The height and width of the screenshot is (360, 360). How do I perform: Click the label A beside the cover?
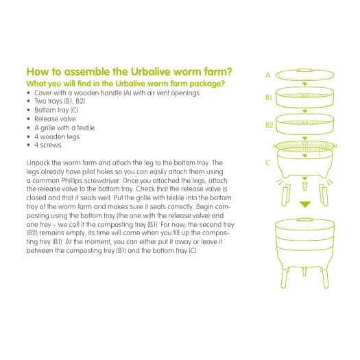click(267, 75)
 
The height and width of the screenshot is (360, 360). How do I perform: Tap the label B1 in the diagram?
click(269, 98)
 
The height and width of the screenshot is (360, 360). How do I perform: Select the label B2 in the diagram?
click(269, 125)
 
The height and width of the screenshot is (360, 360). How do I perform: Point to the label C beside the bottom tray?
click(267, 163)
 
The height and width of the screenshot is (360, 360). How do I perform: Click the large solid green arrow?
click(305, 204)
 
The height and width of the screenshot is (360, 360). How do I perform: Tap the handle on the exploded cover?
click(304, 70)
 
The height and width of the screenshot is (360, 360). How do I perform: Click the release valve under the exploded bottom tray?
click(304, 186)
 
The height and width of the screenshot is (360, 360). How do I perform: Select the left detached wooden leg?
click(285, 195)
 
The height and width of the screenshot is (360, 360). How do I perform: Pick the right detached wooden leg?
click(324, 195)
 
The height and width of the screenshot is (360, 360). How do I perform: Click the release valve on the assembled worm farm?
click(304, 271)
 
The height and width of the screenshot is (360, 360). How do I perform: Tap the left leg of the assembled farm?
click(285, 278)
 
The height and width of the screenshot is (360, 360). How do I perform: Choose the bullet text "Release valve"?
click(55, 119)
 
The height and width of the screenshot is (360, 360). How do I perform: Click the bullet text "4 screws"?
click(48, 145)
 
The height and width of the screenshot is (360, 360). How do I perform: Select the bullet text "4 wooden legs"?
click(57, 136)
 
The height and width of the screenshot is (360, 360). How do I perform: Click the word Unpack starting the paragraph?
click(38, 163)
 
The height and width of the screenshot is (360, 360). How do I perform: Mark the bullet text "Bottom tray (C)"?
click(56, 110)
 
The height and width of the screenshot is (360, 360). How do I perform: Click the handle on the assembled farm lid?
click(304, 219)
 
